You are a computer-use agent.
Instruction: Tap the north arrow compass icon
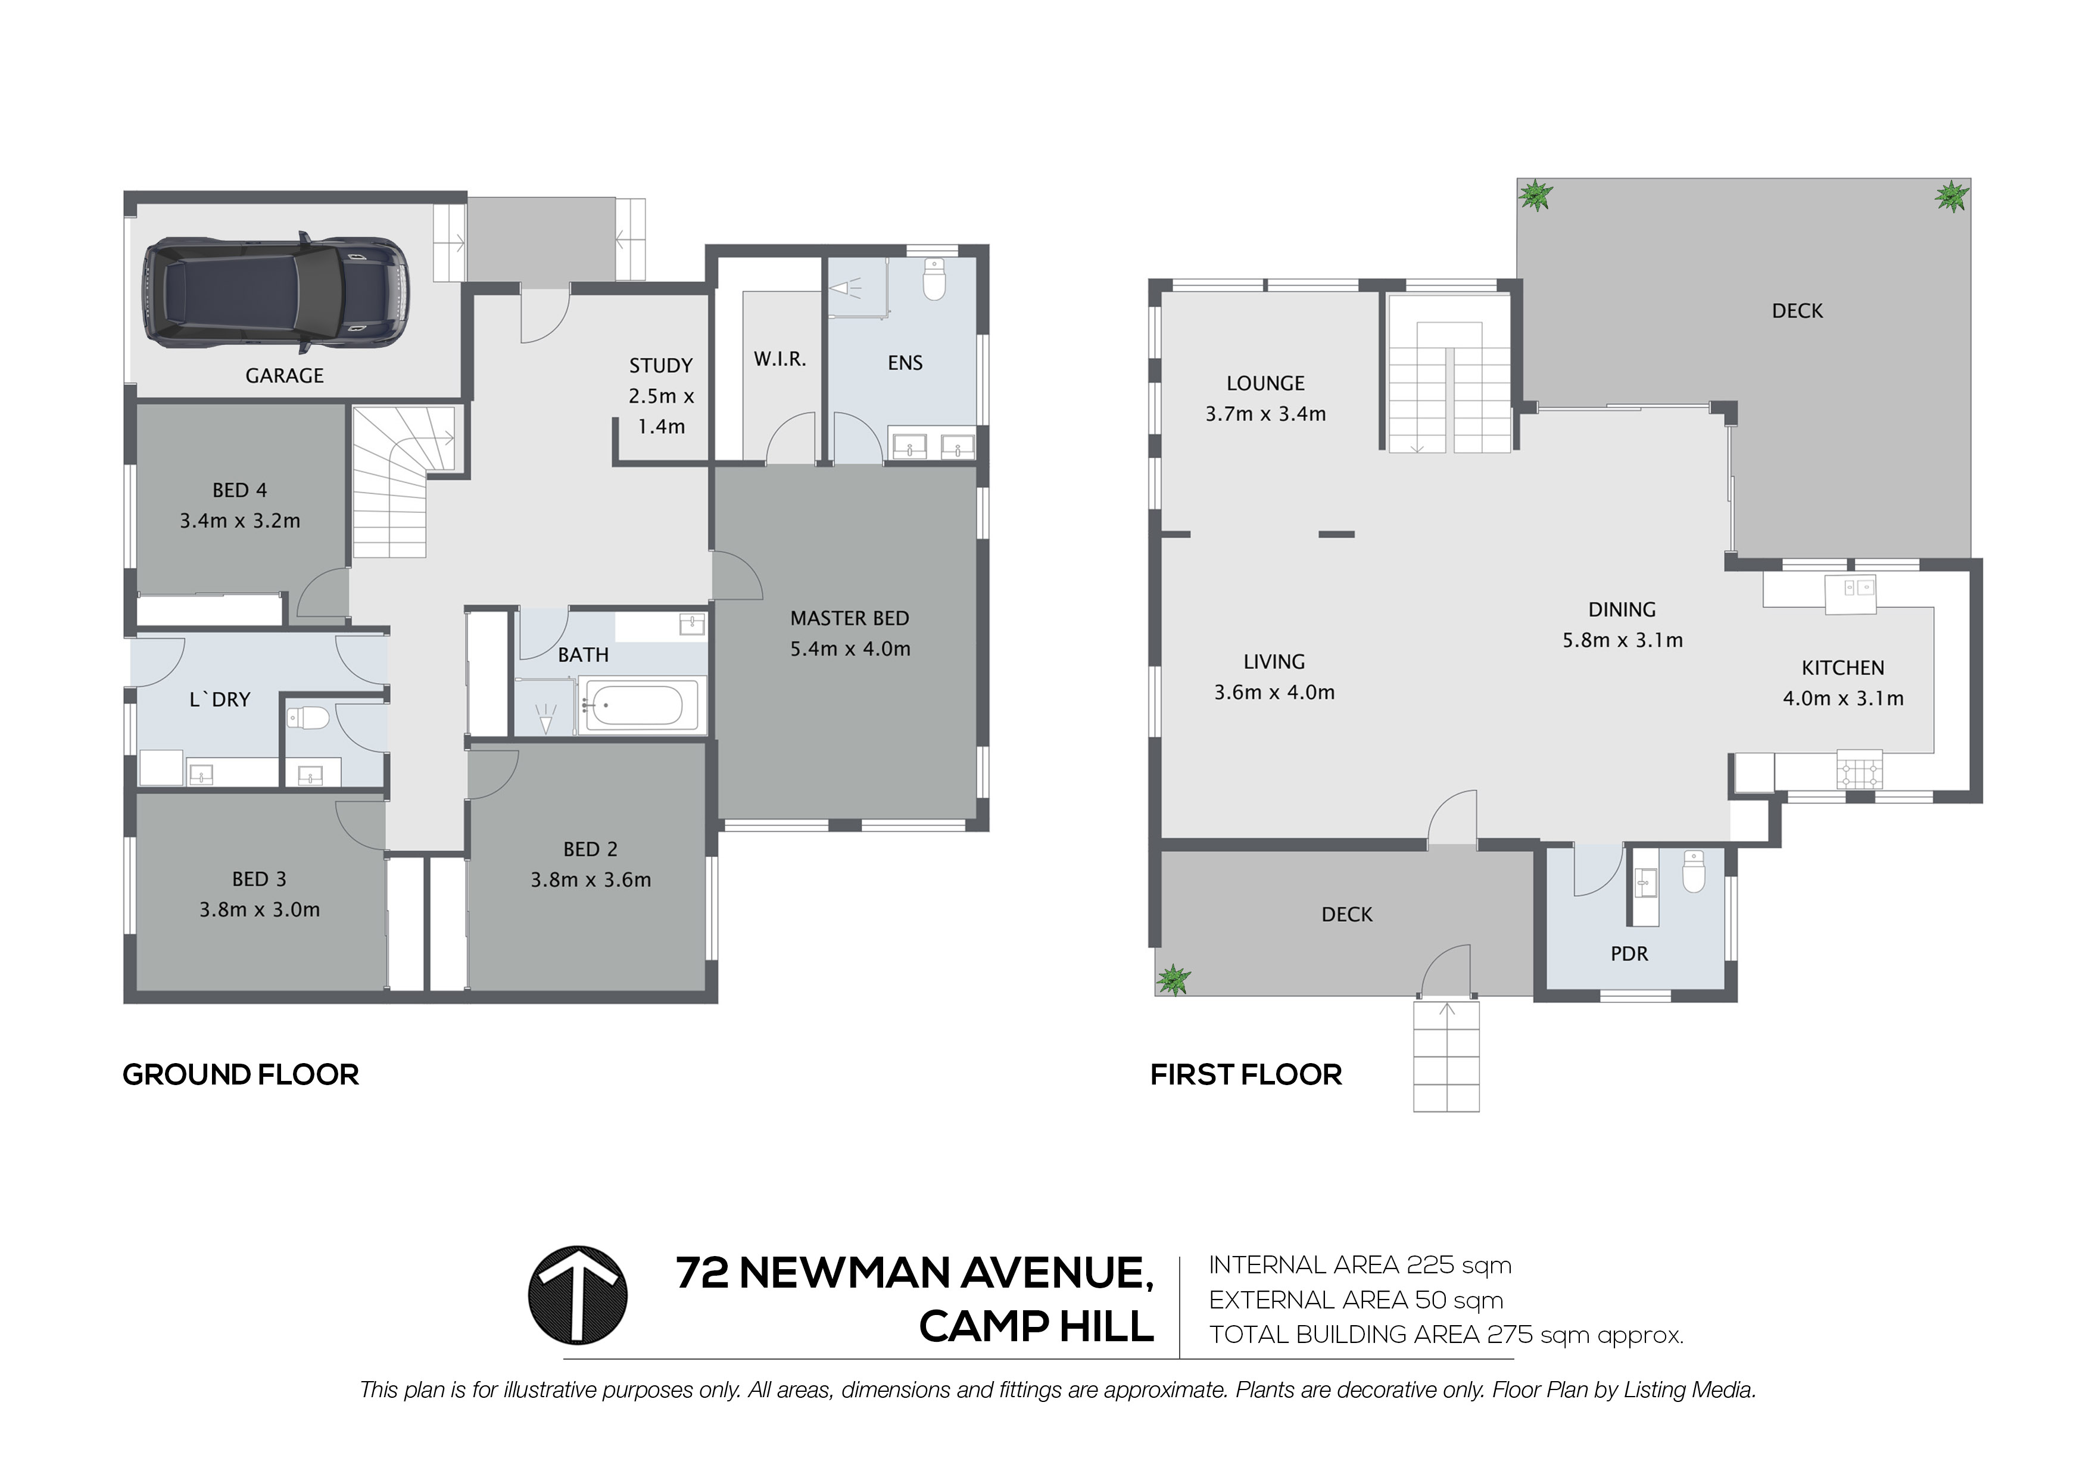click(578, 1295)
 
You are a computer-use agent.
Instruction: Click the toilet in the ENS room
click(934, 279)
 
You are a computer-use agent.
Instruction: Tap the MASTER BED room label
click(849, 619)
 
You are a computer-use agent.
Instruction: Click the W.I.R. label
click(780, 360)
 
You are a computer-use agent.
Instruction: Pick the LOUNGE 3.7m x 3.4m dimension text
click(1265, 414)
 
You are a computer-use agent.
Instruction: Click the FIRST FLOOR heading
click(1246, 1075)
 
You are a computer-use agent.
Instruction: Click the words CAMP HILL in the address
click(1036, 1327)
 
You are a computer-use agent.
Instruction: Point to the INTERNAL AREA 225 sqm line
click(1360, 1265)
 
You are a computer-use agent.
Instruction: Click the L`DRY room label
click(219, 700)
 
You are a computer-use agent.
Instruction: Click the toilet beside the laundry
click(308, 718)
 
